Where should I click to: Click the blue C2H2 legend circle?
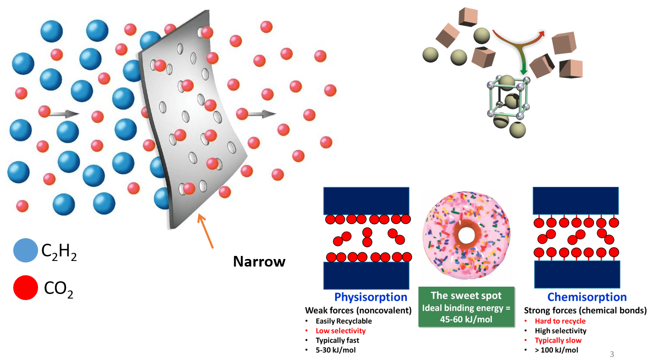[x=25, y=250]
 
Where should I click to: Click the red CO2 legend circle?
[x=25, y=288]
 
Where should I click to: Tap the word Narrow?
[x=259, y=261]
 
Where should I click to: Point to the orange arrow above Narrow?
[x=206, y=231]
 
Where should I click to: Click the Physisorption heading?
[x=371, y=297]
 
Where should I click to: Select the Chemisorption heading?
[x=587, y=297]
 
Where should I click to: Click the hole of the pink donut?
[x=466, y=235]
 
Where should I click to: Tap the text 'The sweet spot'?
[x=466, y=296]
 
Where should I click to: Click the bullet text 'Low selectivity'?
[x=341, y=331]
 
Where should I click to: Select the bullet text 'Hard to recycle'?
[x=560, y=321]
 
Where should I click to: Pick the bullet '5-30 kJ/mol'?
[x=336, y=350]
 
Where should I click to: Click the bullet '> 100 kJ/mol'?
[x=557, y=350]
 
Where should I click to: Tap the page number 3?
[x=612, y=354]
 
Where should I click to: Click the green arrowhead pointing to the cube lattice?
[x=524, y=72]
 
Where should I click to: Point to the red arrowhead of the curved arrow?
[x=541, y=34]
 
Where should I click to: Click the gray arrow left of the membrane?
[x=63, y=114]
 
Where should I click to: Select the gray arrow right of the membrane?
[x=262, y=114]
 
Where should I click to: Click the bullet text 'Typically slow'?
[x=558, y=340]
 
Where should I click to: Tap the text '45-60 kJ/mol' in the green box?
[x=466, y=319]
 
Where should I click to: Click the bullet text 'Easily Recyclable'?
[x=344, y=321]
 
